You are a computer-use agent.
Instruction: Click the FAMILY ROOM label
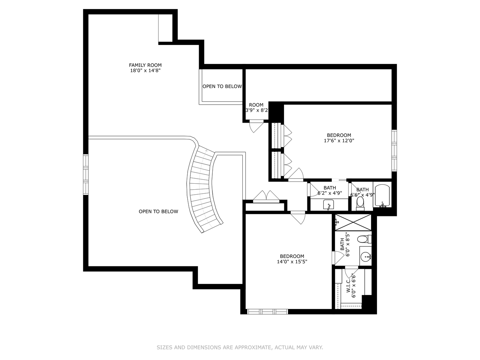[x=145, y=65]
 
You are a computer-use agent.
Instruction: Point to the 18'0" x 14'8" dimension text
[x=145, y=71]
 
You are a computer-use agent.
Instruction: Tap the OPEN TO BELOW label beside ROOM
[x=222, y=86]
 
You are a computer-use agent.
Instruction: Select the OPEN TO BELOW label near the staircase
[x=158, y=211]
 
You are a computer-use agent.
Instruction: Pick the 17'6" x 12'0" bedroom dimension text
[x=339, y=141]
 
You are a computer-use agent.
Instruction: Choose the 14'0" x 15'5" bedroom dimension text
[x=292, y=262]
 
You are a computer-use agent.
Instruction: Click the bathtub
[x=382, y=195]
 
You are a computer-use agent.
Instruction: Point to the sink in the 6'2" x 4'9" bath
[x=328, y=205]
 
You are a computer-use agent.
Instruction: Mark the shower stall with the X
[x=353, y=222]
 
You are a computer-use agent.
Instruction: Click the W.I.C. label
[x=348, y=285]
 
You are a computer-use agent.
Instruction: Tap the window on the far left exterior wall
[x=86, y=174]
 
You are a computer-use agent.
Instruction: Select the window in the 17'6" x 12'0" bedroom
[x=394, y=151]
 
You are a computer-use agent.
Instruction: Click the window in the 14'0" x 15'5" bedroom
[x=267, y=311]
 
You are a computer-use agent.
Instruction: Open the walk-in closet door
[x=351, y=272]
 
